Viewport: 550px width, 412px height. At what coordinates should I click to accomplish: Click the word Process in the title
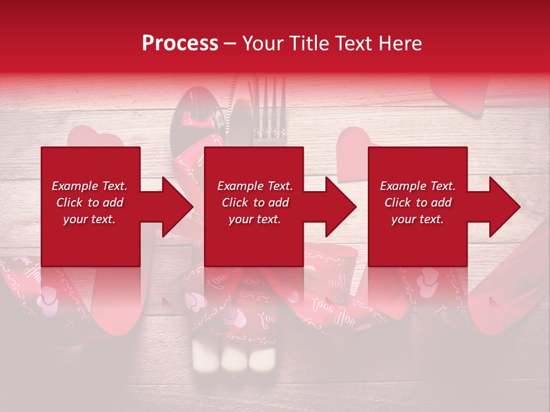click(180, 43)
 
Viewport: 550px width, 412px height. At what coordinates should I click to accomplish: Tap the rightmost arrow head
click(504, 207)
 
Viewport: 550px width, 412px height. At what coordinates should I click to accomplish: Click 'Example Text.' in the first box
click(90, 186)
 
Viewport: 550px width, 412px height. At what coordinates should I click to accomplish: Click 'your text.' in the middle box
click(254, 219)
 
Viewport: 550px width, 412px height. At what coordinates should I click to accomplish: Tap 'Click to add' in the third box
click(418, 203)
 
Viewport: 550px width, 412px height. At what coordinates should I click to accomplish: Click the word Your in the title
click(263, 43)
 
